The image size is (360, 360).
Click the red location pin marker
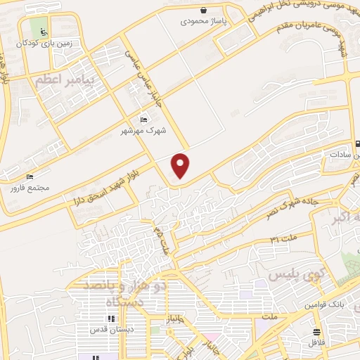pyautogui.click(x=181, y=165)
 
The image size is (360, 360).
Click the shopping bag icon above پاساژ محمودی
pyautogui.click(x=203, y=10)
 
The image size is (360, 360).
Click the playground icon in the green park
pyautogui.click(x=44, y=32)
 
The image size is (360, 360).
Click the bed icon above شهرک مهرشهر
pyautogui.click(x=145, y=120)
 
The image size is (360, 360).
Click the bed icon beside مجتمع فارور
pyautogui.click(x=30, y=177)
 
